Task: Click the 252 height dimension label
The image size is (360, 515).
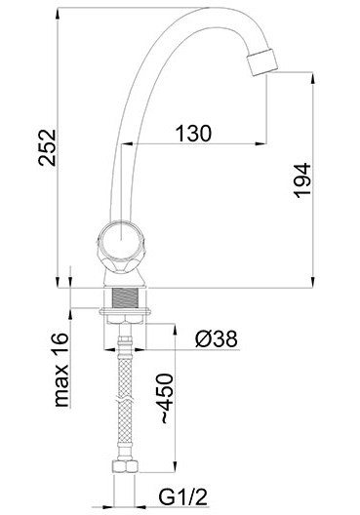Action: [x=47, y=148]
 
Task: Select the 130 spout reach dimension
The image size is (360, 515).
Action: [x=193, y=134]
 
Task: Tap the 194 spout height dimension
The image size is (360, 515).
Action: [x=301, y=180]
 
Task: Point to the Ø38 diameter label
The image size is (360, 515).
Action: [x=216, y=338]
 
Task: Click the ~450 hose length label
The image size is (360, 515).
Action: [x=168, y=398]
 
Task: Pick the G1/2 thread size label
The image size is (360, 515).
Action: [x=183, y=496]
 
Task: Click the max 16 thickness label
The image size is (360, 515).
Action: [x=61, y=370]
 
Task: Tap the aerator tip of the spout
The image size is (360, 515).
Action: [x=262, y=62]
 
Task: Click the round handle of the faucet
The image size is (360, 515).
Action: [x=121, y=245]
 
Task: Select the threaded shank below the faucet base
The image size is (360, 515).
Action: [x=125, y=298]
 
